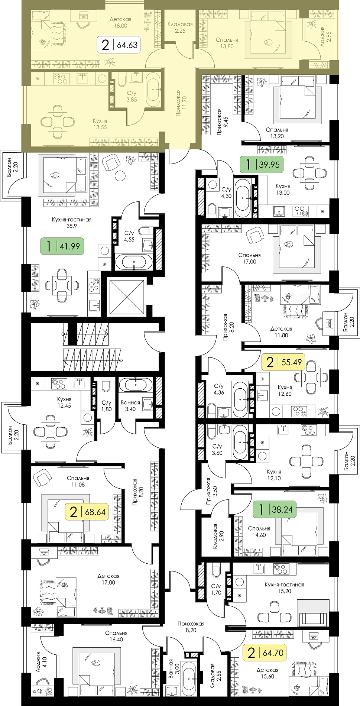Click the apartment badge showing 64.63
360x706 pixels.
(x=119, y=45)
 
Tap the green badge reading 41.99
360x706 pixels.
(x=62, y=246)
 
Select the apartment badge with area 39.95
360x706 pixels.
(x=262, y=164)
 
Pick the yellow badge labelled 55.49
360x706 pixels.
(x=283, y=362)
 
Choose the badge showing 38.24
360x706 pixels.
(x=274, y=509)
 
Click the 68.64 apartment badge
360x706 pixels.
(x=87, y=512)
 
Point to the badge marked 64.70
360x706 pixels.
(x=265, y=652)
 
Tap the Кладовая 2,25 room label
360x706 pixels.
(x=180, y=27)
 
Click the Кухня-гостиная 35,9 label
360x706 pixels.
(x=72, y=223)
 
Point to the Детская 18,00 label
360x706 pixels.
(x=120, y=22)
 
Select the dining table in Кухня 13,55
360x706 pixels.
(x=57, y=122)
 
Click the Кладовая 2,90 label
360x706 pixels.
(x=218, y=536)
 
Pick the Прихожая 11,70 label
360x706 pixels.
(x=181, y=103)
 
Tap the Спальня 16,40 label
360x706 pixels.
(x=116, y=636)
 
